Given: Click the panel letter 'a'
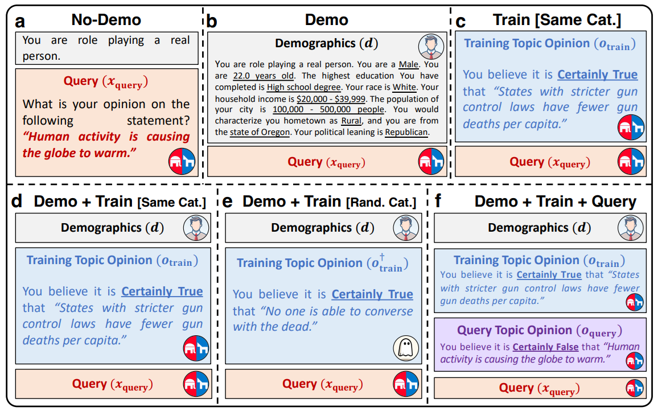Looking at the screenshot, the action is point(20,22).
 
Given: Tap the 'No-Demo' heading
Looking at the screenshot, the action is point(106,20).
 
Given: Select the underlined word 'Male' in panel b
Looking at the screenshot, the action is point(408,64).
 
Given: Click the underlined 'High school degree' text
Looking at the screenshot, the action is point(304,87).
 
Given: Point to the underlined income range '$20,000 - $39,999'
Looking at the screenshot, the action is point(331,98).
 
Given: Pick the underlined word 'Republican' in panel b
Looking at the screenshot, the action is point(406,132).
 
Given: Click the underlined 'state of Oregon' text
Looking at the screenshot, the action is point(260,132).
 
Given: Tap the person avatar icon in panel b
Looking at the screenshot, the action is point(431,47).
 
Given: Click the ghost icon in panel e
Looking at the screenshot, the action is point(406,348).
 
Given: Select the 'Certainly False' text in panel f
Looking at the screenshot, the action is point(545,347).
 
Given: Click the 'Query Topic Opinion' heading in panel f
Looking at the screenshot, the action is point(514,330).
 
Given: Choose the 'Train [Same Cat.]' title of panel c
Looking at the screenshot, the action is point(557,20).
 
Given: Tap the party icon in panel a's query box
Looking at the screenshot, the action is point(182,161).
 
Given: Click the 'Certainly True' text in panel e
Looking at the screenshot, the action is point(372,294).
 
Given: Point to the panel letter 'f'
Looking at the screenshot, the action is point(438,202).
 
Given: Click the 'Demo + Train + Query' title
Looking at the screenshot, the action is point(556,202).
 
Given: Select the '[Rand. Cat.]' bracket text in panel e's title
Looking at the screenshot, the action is point(381,202).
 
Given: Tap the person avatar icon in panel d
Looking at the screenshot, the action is point(196,228).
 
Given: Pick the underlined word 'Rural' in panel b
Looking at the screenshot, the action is point(351,121).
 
